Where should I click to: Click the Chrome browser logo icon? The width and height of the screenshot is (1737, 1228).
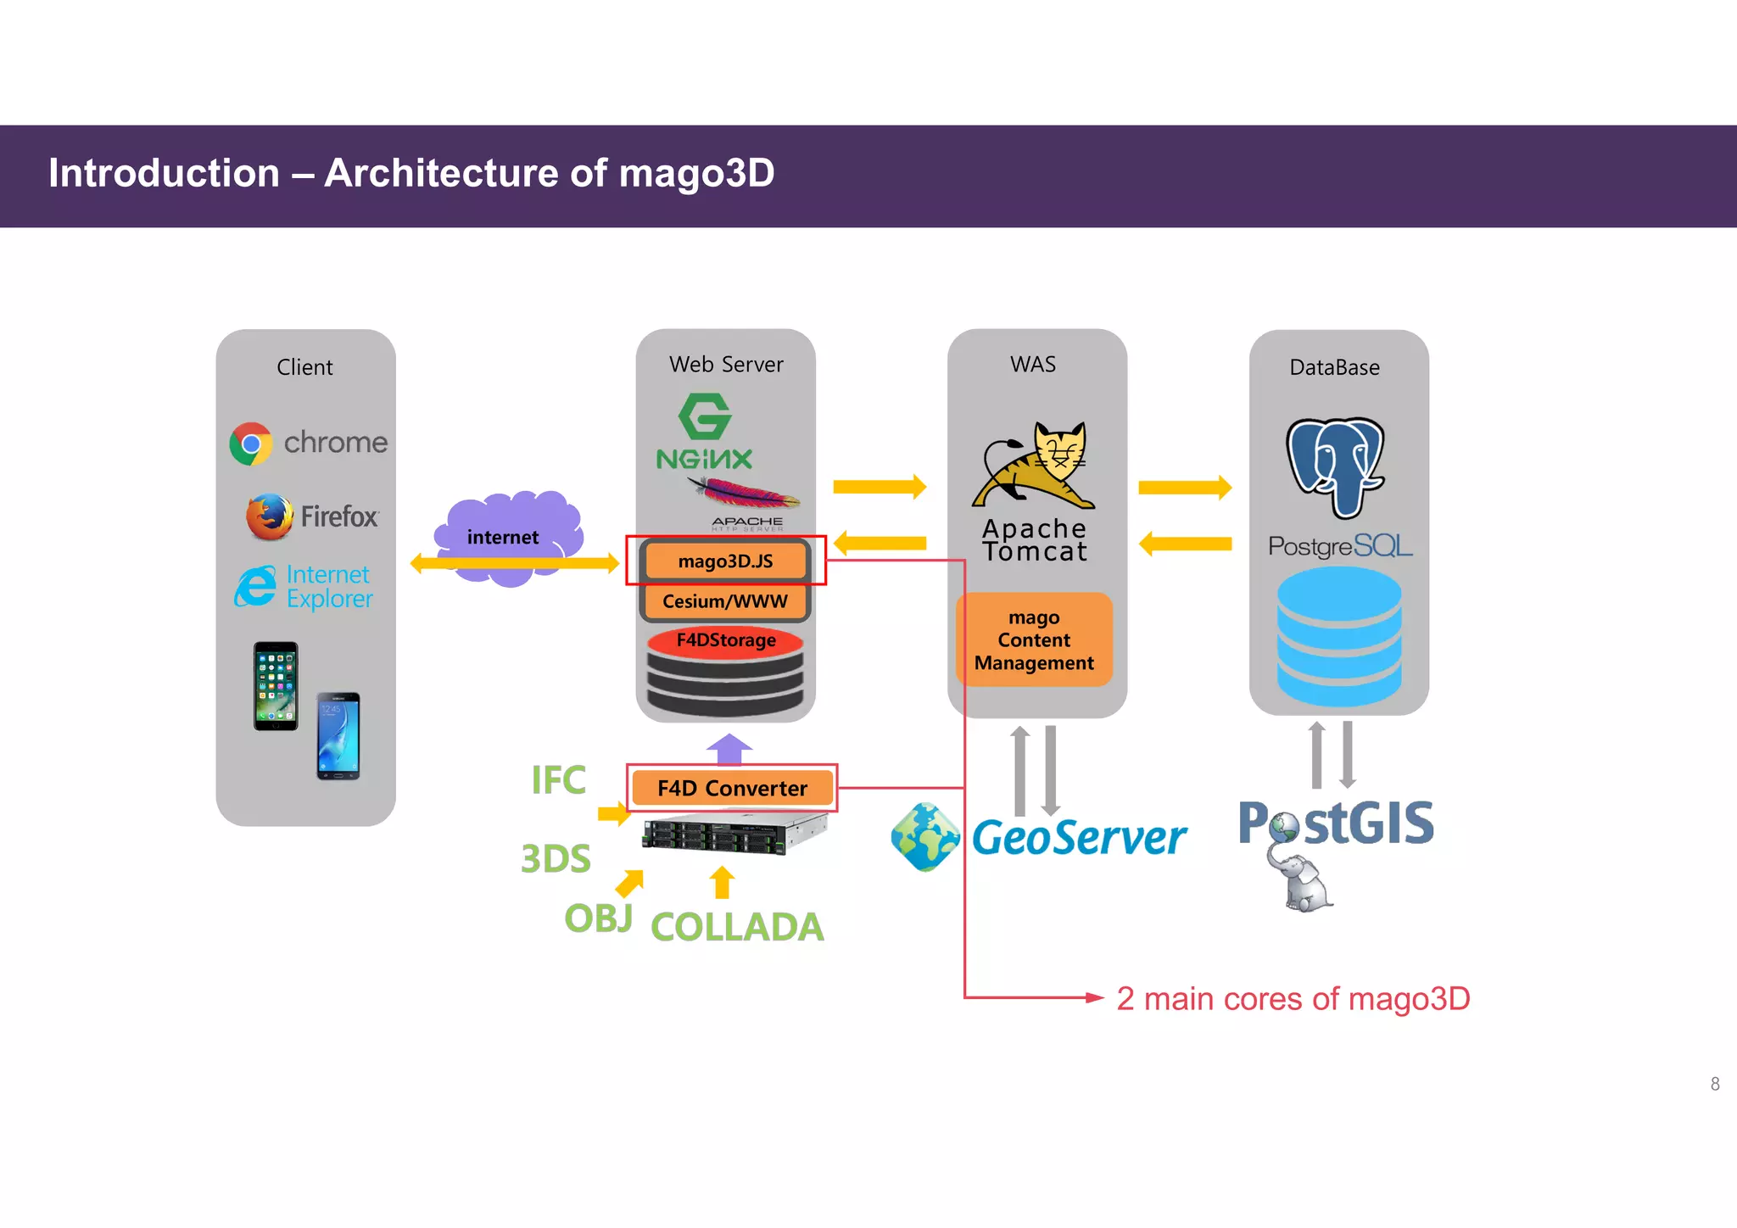(251, 444)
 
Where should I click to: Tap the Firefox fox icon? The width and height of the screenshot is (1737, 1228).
(269, 516)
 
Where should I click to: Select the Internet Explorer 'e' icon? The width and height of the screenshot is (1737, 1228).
(255, 586)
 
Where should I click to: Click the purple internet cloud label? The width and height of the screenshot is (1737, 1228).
(503, 537)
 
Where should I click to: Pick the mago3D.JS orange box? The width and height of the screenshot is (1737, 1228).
(725, 561)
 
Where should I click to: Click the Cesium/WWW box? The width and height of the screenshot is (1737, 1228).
(725, 601)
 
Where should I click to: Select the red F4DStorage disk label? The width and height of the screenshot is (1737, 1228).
(725, 640)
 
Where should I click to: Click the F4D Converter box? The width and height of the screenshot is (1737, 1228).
(732, 788)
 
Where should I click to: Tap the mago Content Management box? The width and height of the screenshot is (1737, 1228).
(1034, 640)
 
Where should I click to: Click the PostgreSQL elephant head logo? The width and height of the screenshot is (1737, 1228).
(1335, 466)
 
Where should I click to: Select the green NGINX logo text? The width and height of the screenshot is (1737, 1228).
(704, 460)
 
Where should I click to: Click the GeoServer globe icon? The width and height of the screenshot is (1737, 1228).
(925, 837)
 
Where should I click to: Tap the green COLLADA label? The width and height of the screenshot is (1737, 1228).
(737, 927)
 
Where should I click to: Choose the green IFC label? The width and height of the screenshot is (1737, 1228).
(558, 780)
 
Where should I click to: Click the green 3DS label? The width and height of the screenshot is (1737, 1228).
(556, 859)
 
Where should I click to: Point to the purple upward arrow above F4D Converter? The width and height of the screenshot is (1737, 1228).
(729, 749)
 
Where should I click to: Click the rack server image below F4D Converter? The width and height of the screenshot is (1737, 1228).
(734, 834)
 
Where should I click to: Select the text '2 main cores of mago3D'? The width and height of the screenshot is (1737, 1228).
(1293, 999)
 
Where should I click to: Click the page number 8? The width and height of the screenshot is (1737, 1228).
(1715, 1084)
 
